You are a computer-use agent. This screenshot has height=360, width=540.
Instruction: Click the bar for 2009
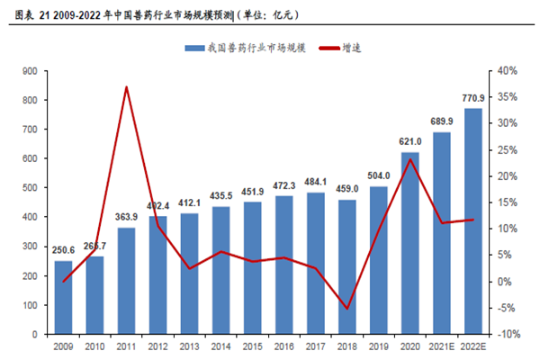[x=63, y=297]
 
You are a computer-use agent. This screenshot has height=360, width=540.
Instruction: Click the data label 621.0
[x=410, y=142]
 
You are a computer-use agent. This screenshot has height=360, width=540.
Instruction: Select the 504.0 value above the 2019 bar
[x=378, y=176]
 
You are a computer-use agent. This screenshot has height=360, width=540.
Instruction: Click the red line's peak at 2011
[x=126, y=86]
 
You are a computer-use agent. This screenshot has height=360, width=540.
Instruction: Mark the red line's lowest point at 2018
[x=346, y=309]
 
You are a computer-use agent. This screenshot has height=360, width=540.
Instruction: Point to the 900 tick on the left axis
[x=30, y=70]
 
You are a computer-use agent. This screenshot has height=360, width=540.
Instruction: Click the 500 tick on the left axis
[x=30, y=187]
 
